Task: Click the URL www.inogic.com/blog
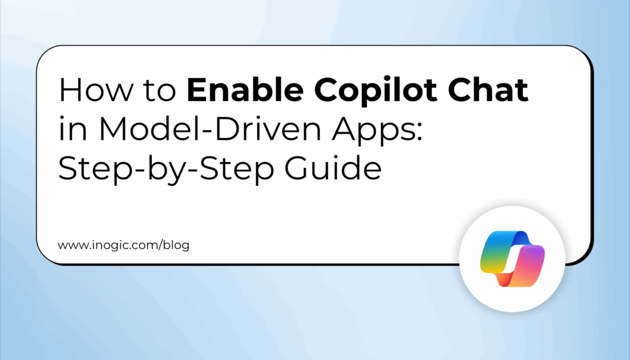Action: [123, 245]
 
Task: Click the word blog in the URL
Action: [177, 245]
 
